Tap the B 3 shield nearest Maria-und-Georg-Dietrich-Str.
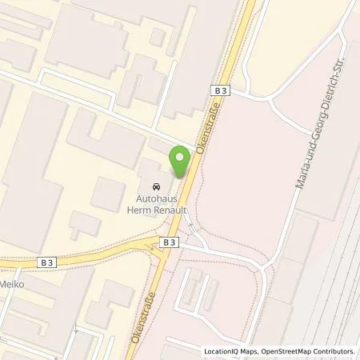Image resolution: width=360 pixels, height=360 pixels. (x=222, y=91)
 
